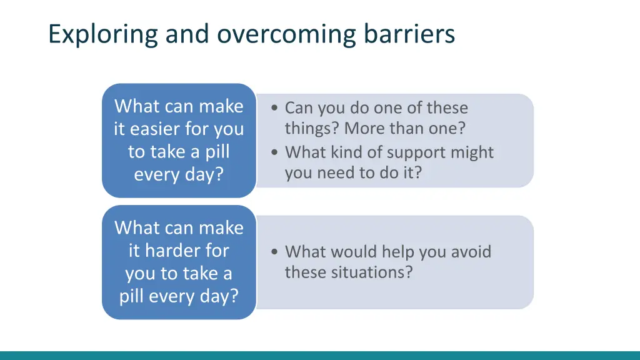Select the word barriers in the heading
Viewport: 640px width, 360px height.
(410, 34)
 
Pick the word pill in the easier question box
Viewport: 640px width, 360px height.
(217, 152)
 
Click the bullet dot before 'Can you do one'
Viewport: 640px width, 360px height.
(276, 108)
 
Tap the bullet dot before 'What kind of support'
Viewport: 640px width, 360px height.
(276, 152)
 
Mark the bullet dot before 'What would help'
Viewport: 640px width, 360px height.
(276, 252)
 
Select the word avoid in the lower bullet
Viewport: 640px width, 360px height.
(469, 252)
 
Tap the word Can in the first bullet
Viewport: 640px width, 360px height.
(299, 108)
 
